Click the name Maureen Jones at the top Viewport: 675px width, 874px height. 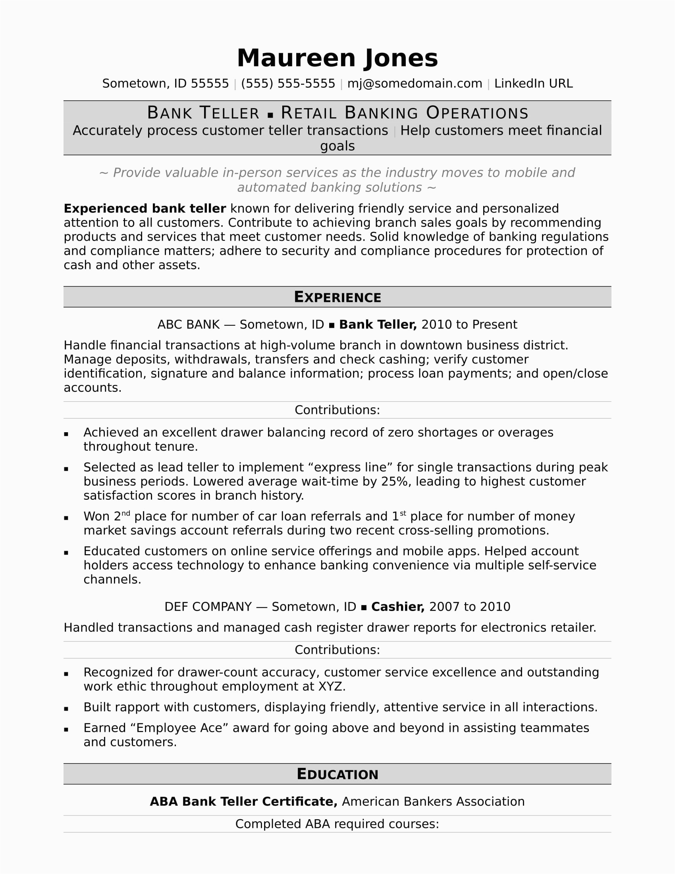(x=337, y=58)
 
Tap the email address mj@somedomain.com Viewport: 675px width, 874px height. (x=414, y=84)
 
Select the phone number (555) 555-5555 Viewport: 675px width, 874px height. (x=288, y=84)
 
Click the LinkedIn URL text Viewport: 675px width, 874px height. (x=533, y=84)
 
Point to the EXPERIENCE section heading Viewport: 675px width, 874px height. (x=337, y=297)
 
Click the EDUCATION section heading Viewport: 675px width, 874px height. (x=337, y=774)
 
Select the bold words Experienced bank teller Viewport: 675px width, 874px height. (x=145, y=209)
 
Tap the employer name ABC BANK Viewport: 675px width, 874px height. (x=188, y=325)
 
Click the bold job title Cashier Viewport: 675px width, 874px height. (x=397, y=607)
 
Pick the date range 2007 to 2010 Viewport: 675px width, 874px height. (x=469, y=607)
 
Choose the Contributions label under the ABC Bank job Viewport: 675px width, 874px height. (x=337, y=410)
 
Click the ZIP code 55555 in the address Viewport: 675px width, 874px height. (x=210, y=84)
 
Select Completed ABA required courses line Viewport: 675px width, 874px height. (x=337, y=824)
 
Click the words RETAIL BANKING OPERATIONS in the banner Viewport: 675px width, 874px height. (x=404, y=113)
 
